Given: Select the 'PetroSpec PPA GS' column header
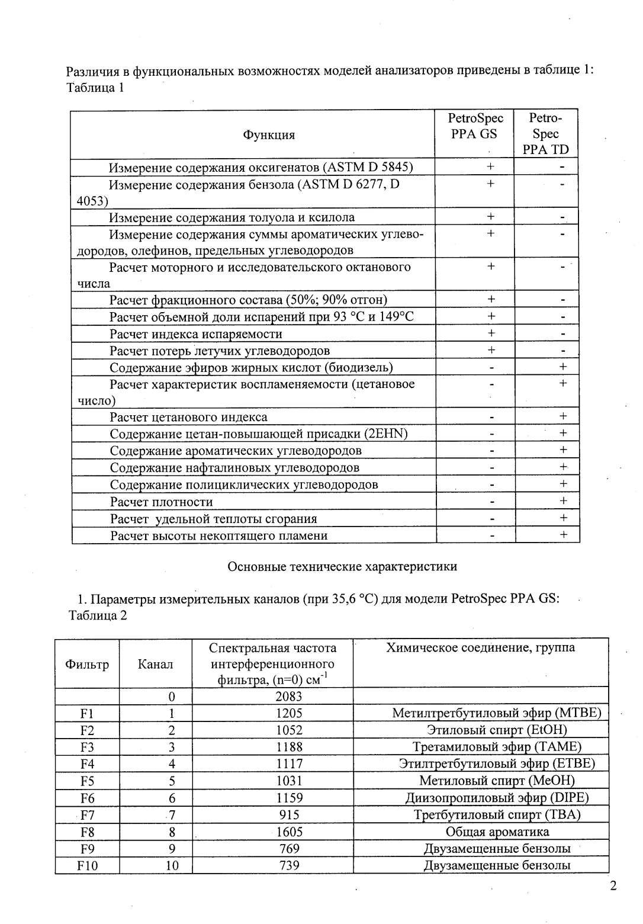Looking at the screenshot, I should (475, 126).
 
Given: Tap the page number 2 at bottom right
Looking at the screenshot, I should (613, 886).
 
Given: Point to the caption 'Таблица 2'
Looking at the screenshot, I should (98, 615).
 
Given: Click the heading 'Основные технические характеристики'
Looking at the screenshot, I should (342, 566).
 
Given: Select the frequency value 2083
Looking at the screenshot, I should (289, 696).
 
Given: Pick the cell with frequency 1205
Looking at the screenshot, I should (289, 713).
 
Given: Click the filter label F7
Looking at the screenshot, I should (88, 814).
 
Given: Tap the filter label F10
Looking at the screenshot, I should (88, 865).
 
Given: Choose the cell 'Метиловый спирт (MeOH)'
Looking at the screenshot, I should (497, 781).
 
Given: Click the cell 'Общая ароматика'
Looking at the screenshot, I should (497, 832).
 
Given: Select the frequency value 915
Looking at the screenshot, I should (289, 814).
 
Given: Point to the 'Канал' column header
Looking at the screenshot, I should (156, 664).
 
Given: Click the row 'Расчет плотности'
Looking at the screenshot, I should (162, 502).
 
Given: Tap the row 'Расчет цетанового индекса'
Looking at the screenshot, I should (188, 417).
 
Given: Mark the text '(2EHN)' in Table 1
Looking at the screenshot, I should (387, 434).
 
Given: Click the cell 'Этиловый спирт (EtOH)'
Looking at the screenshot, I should (497, 730).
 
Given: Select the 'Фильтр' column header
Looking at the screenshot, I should (87, 664).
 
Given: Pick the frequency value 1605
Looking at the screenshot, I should (289, 832).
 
